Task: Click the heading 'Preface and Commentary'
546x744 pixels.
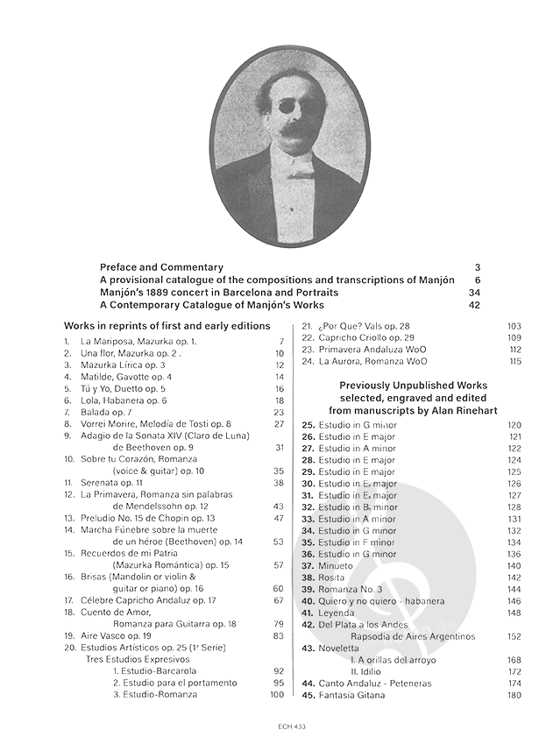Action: pyautogui.click(x=161, y=267)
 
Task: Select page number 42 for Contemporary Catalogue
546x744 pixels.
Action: pyautogui.click(x=475, y=305)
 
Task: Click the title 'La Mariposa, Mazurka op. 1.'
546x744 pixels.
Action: pyautogui.click(x=138, y=341)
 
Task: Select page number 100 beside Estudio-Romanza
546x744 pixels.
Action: pyautogui.click(x=277, y=695)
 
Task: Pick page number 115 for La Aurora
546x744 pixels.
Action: pyautogui.click(x=514, y=361)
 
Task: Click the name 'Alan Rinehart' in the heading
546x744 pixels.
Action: pyautogui.click(x=448, y=409)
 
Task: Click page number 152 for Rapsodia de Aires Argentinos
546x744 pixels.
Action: pyautogui.click(x=514, y=636)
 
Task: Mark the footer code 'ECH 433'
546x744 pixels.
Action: pyautogui.click(x=273, y=726)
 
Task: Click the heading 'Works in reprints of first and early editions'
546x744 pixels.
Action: pyautogui.click(x=167, y=326)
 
